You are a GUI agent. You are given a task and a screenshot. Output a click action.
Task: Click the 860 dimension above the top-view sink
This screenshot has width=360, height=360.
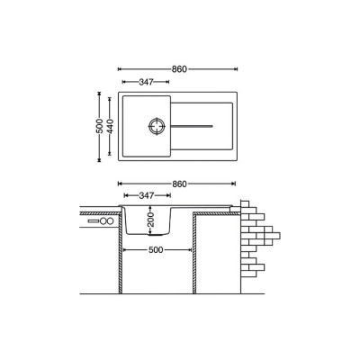click(179, 69)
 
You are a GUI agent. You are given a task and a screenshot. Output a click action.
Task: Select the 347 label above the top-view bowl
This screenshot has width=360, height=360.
click(146, 82)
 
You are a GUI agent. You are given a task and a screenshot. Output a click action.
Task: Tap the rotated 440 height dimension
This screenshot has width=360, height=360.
click(110, 127)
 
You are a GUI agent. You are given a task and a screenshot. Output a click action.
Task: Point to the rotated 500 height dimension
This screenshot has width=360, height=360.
click(100, 126)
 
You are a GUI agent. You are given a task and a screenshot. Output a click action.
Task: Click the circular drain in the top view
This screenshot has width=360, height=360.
click(157, 126)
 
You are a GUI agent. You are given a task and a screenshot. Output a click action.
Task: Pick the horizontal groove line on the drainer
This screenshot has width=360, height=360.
click(192, 126)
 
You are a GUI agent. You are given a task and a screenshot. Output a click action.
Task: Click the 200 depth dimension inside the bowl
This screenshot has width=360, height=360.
click(150, 220)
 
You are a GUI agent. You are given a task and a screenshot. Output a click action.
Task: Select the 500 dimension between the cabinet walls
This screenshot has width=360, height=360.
click(156, 249)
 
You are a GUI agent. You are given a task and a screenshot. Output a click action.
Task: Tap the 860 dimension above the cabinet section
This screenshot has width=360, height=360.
click(179, 184)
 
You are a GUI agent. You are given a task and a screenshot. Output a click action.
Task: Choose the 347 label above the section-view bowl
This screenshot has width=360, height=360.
click(147, 195)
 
